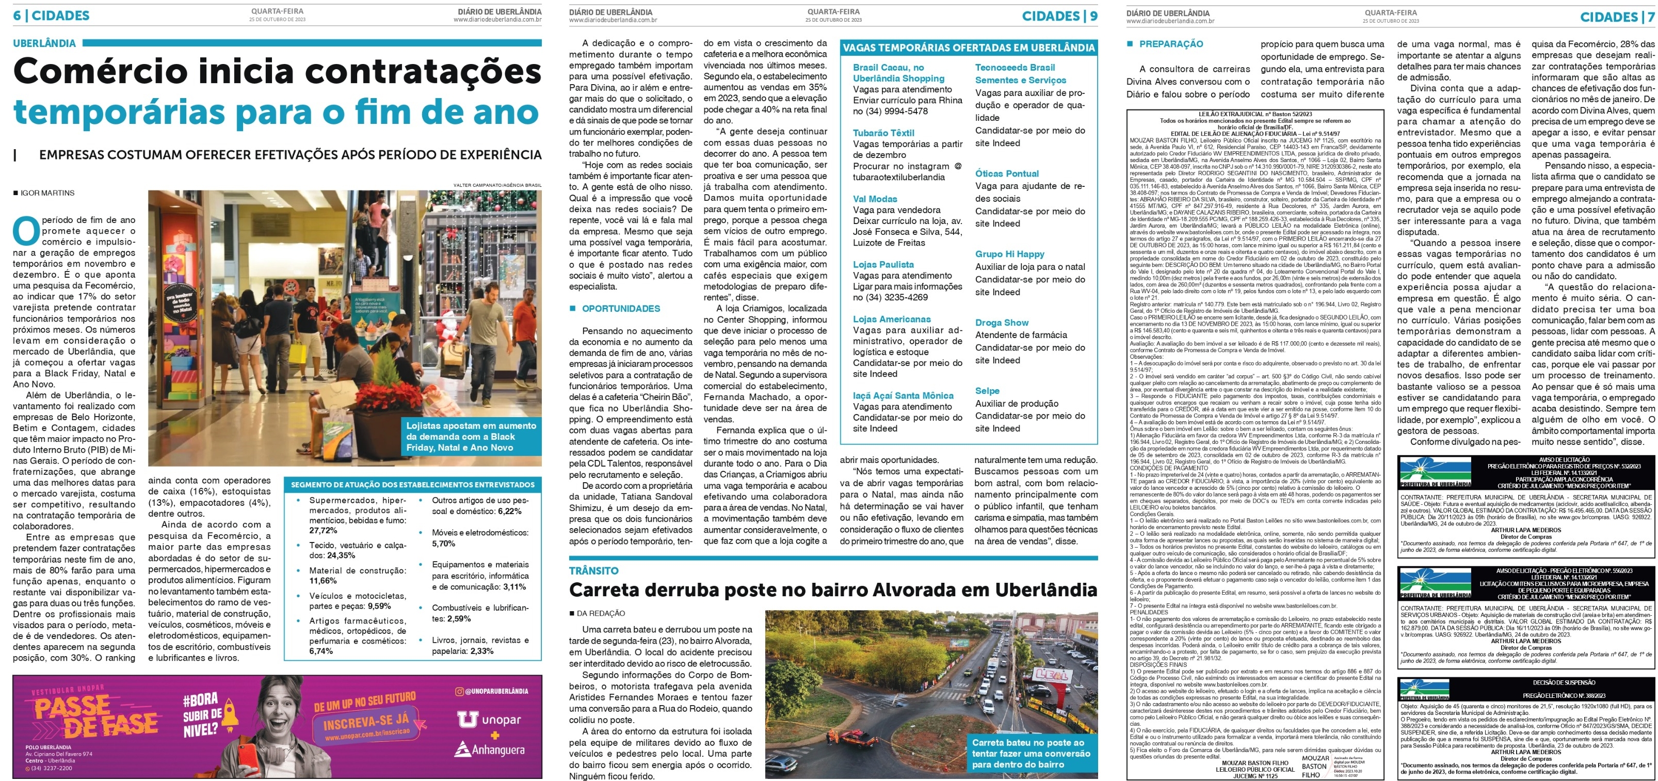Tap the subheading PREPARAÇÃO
pyautogui.click(x=1171, y=44)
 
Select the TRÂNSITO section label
pyautogui.click(x=593, y=570)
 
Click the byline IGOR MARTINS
pyautogui.click(x=47, y=193)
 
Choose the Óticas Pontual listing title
pyautogui.click(x=1007, y=173)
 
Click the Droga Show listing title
pyautogui.click(x=1002, y=322)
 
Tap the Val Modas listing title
pyautogui.click(x=875, y=199)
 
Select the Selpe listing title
pyautogui.click(x=987, y=390)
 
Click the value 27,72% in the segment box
pyautogui.click(x=323, y=531)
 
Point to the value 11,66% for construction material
pyautogui.click(x=323, y=581)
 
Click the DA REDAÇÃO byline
pyautogui.click(x=600, y=613)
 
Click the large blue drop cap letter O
pyautogui.click(x=26, y=231)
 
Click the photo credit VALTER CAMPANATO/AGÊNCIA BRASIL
pyautogui.click(x=497, y=185)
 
